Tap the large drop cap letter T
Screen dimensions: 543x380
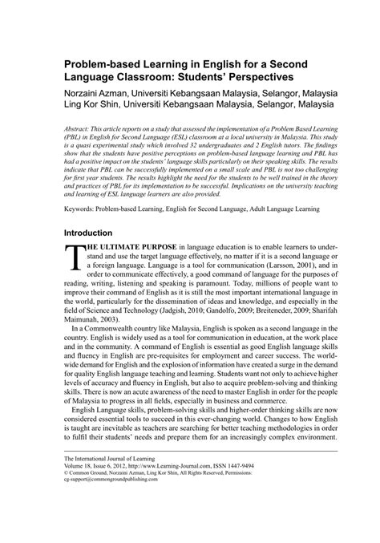(x=75, y=257)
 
